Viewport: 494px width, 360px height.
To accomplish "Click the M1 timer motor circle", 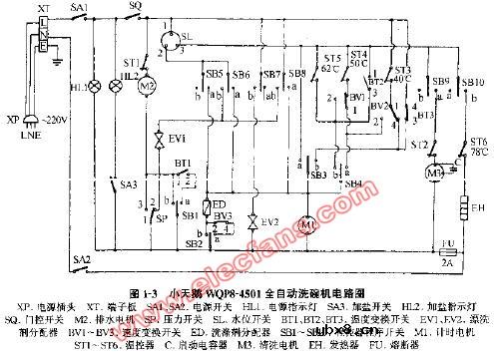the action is (306, 225).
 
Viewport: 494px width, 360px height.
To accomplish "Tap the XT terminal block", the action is (43, 37).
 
